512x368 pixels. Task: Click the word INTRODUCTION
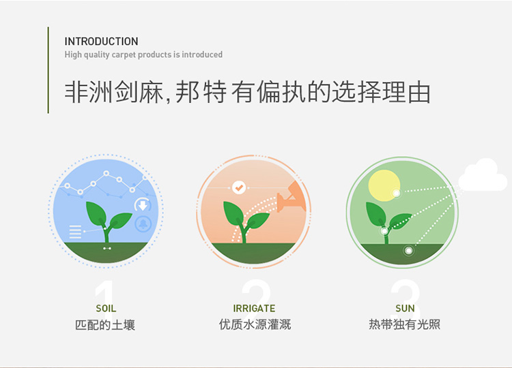[x=101, y=42]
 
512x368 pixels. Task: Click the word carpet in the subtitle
[x=124, y=55]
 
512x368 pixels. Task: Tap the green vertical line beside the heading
[x=48, y=70]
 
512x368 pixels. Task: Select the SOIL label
[x=106, y=308]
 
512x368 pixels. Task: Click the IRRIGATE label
[x=254, y=308]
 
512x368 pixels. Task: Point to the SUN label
[x=405, y=308]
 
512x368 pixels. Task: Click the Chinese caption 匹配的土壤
[x=105, y=325]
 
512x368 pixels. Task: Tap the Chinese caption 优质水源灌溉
[x=255, y=324]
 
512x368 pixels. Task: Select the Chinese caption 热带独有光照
[x=405, y=324]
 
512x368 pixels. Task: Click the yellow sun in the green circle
[x=384, y=185]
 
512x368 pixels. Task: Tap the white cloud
[x=483, y=175]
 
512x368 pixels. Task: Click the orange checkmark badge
[x=239, y=188]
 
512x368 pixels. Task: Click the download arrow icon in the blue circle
[x=143, y=205]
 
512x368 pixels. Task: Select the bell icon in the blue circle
[x=143, y=224]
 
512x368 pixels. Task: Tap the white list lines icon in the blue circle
[x=75, y=232]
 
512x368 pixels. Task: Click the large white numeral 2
[x=256, y=296]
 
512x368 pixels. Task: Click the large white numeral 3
[x=406, y=296]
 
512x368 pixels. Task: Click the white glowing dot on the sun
[x=397, y=194]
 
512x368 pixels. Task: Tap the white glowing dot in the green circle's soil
[x=408, y=251]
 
